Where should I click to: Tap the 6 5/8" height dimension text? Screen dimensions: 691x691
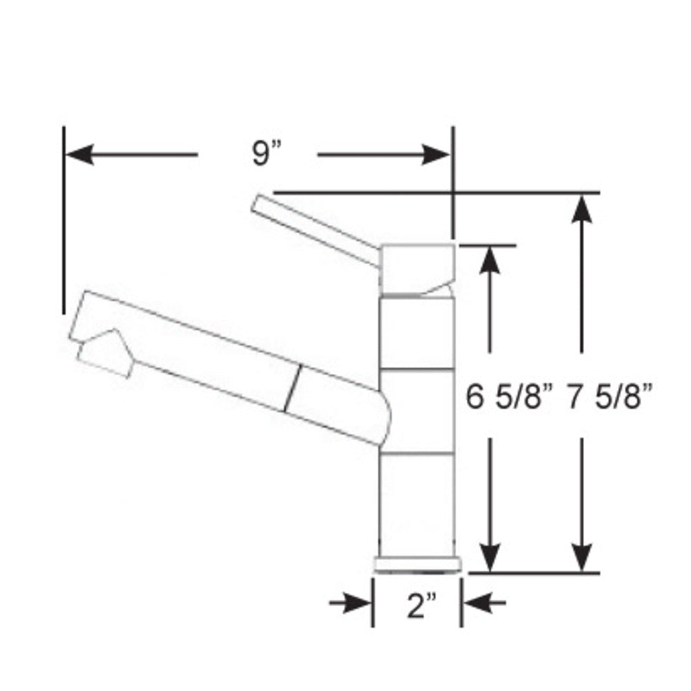pyautogui.click(x=508, y=399)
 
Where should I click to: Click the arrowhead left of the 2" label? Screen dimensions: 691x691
pyautogui.click(x=360, y=605)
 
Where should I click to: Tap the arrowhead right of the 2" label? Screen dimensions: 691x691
pyautogui.click(x=475, y=605)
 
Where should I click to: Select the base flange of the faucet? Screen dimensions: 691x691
pyautogui.click(x=417, y=565)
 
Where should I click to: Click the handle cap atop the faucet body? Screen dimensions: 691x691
pyautogui.click(x=417, y=268)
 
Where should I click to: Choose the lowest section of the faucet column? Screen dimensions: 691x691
pyautogui.click(x=417, y=504)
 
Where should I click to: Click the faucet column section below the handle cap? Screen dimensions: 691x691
pyautogui.click(x=417, y=332)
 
